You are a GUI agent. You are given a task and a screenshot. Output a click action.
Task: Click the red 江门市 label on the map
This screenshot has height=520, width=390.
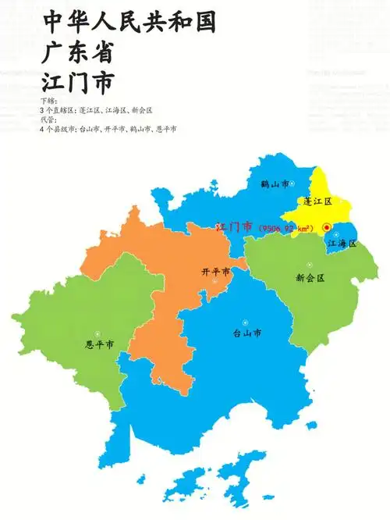click(x=233, y=226)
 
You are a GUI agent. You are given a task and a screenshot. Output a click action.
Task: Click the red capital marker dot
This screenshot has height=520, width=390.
click(x=327, y=227)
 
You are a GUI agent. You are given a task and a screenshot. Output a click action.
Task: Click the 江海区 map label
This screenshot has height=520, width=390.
click(x=342, y=244)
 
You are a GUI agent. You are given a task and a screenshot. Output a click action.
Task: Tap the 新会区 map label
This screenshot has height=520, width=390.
click(x=310, y=277)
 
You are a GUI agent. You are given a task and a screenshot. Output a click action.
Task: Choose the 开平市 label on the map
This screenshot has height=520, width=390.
click(x=215, y=272)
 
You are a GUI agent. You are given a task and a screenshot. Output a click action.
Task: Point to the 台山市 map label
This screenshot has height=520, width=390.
click(x=247, y=333)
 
